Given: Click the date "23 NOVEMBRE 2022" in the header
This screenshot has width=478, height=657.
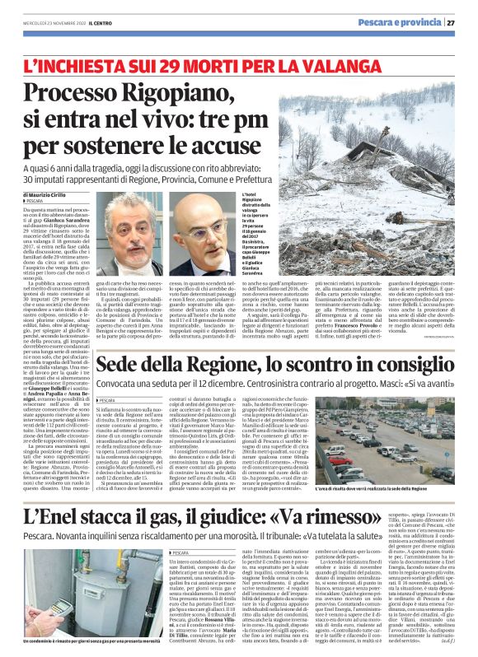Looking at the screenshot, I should point(52,23).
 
